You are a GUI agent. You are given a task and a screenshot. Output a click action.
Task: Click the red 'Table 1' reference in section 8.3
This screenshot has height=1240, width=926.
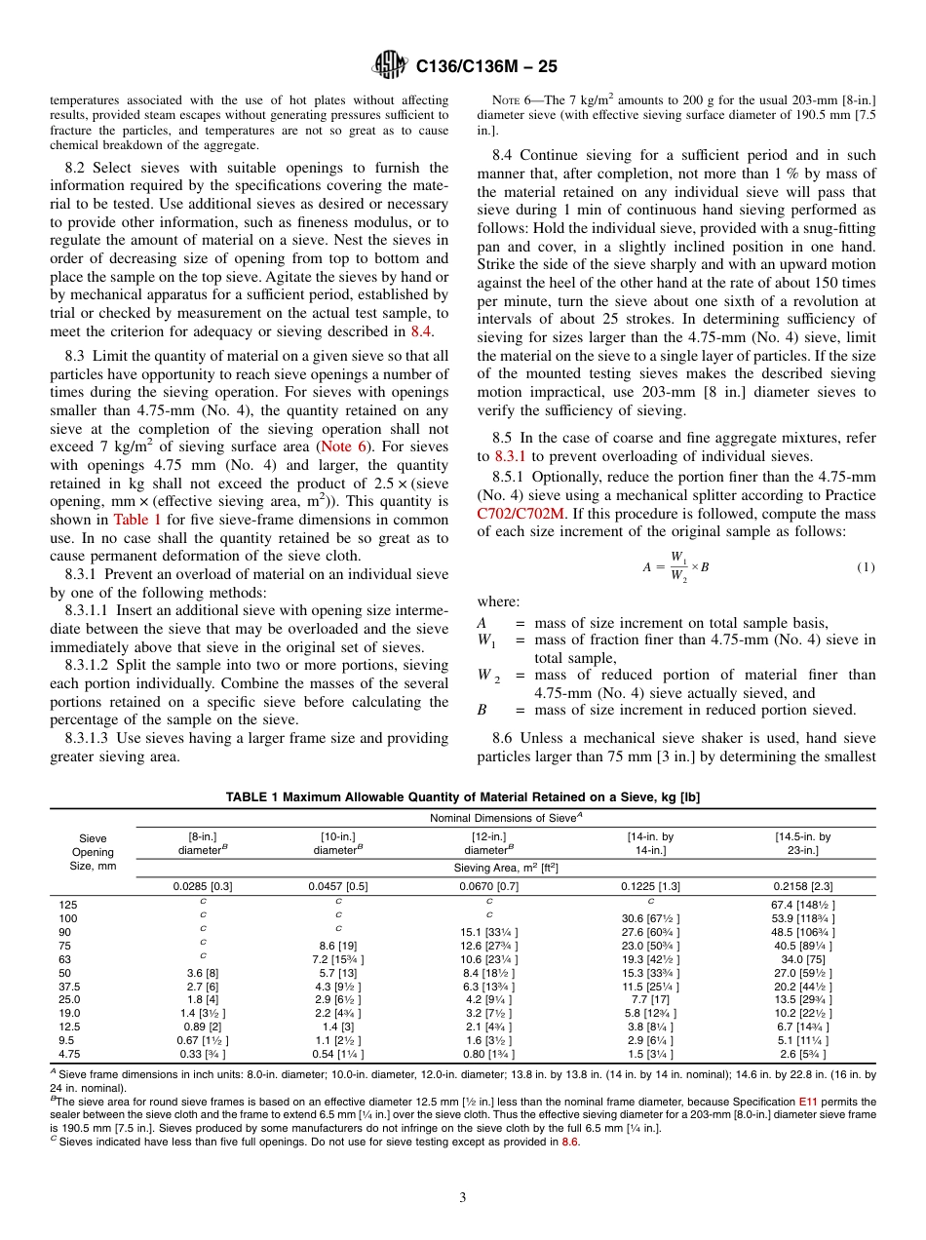pos(137,520)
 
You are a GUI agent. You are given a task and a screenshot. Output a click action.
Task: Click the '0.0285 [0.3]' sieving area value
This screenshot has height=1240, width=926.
pos(203,886)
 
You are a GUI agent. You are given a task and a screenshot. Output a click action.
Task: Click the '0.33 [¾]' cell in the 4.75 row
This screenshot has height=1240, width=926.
pos(203,1054)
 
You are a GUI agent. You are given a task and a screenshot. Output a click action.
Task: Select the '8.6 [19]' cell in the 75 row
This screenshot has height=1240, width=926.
pos(337,946)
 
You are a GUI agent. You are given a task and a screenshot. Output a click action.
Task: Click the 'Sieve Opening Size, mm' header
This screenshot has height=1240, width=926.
pos(93,852)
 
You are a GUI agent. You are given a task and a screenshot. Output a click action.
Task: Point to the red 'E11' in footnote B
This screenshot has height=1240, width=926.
pos(807,1102)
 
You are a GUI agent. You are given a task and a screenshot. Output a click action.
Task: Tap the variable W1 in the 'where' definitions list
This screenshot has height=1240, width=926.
pos(484,639)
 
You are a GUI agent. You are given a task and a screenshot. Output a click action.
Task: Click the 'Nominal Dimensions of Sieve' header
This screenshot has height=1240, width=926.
pos(505,818)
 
